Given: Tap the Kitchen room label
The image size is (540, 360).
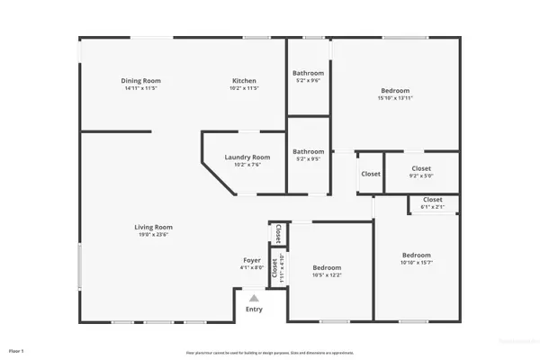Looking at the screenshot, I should (245, 81).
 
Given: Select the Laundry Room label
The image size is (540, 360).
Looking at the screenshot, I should (247, 157).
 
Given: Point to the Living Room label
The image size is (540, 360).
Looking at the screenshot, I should (153, 227).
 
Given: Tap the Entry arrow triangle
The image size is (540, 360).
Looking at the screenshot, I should (254, 298).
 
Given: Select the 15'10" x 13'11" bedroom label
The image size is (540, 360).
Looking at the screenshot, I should (394, 91).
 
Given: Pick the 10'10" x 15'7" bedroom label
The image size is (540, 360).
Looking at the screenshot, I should (416, 255).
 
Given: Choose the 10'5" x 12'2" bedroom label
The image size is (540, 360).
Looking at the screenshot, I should (327, 268).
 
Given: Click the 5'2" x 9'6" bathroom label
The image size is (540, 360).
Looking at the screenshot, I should (308, 74).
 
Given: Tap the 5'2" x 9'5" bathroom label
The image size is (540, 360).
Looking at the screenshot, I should (308, 152).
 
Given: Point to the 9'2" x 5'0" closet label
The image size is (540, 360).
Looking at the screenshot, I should (421, 168).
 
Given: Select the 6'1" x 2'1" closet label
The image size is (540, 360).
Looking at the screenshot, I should (432, 200).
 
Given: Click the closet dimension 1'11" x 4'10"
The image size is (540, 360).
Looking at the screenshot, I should (282, 269).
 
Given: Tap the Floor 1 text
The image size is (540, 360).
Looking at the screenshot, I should (15, 349).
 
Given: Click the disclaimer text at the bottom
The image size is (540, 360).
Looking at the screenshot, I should (269, 352).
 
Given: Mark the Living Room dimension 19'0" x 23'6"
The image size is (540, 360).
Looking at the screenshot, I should (153, 234).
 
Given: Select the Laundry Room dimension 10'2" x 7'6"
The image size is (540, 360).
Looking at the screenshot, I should (247, 164).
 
